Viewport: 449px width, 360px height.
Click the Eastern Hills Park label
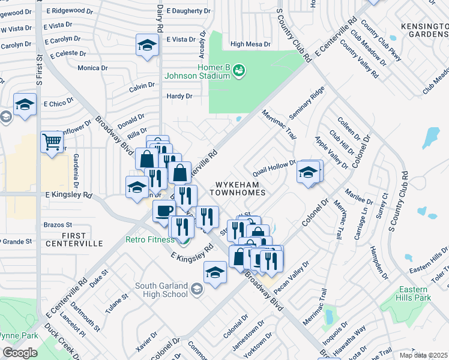(414, 293)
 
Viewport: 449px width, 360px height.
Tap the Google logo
(19, 353)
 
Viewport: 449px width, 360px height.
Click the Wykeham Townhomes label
(238, 187)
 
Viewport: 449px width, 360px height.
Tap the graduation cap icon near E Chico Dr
(25, 106)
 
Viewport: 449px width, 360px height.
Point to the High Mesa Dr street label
(250, 44)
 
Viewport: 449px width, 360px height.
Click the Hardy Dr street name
(179, 96)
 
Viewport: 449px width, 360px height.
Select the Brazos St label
(58, 225)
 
